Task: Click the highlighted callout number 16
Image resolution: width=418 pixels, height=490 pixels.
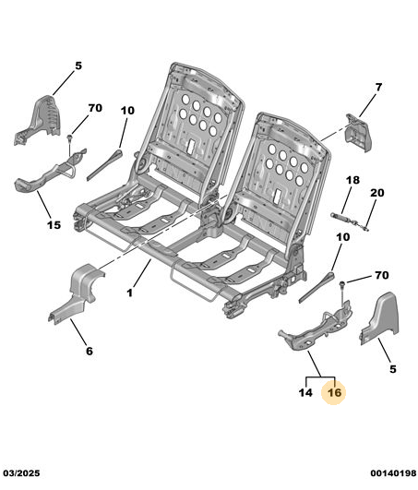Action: coord(334,392)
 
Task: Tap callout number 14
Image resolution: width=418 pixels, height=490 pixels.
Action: coord(305,392)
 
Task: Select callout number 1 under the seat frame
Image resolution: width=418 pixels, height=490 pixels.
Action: coord(130,293)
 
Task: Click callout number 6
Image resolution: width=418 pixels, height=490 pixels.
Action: coord(90,351)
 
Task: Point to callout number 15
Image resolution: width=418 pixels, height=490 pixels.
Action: coord(54,224)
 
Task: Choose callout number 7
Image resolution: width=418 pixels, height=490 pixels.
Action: coord(378,87)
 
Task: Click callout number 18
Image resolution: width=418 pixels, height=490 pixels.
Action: coord(352,180)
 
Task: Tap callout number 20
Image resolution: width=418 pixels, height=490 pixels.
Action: coord(377,193)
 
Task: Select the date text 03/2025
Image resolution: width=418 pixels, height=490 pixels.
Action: coord(21,473)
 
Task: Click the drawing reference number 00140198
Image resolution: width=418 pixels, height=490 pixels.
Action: coord(393,473)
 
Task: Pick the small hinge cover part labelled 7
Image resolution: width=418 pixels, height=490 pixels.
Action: coord(358,133)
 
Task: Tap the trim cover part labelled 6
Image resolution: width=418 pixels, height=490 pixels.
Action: coord(77,293)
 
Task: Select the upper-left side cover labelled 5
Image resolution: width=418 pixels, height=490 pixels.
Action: coord(38,120)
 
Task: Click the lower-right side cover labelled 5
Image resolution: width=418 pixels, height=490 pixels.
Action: coord(379,318)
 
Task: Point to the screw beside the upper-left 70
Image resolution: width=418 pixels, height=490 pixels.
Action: coord(70,138)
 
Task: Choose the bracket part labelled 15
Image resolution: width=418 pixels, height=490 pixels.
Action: coord(51,169)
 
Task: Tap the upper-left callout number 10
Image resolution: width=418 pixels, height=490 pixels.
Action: coord(127,111)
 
